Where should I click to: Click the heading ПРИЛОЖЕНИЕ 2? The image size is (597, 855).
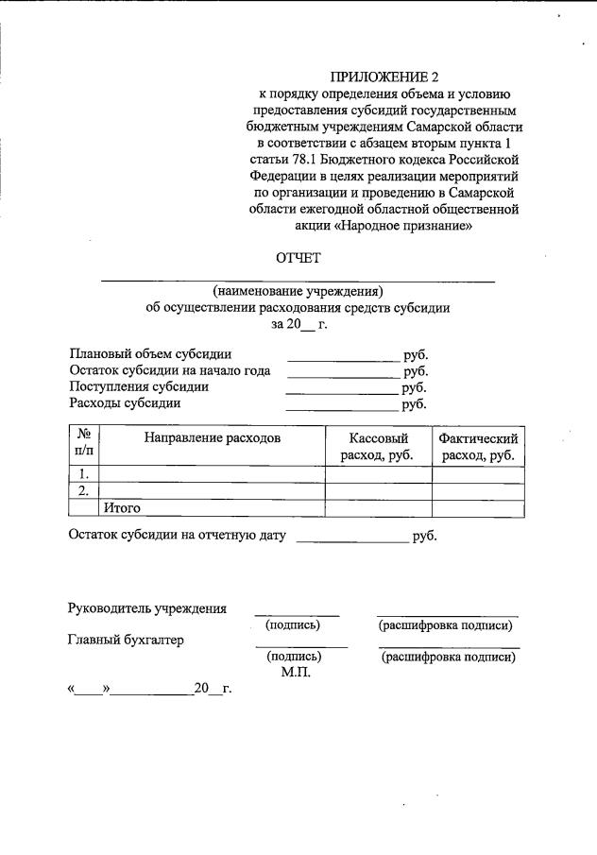pyautogui.click(x=384, y=76)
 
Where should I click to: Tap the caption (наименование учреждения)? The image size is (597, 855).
pyautogui.click(x=298, y=290)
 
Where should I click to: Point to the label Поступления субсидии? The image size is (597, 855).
pyautogui.click(x=139, y=386)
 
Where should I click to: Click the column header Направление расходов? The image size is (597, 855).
pyautogui.click(x=212, y=438)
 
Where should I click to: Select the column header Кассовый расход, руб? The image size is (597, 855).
pyautogui.click(x=378, y=447)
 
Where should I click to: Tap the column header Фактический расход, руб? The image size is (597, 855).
pyautogui.click(x=478, y=447)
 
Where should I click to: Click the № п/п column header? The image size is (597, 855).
pyautogui.click(x=84, y=447)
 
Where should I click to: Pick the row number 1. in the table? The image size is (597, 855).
pyautogui.click(x=84, y=474)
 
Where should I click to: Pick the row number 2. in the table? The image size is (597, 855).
pyautogui.click(x=84, y=491)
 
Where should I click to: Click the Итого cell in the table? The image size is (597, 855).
pyautogui.click(x=122, y=508)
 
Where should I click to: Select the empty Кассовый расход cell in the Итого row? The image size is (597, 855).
pyautogui.click(x=378, y=508)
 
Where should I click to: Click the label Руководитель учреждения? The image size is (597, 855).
pyautogui.click(x=146, y=607)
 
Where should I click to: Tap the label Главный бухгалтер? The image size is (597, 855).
pyautogui.click(x=126, y=641)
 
